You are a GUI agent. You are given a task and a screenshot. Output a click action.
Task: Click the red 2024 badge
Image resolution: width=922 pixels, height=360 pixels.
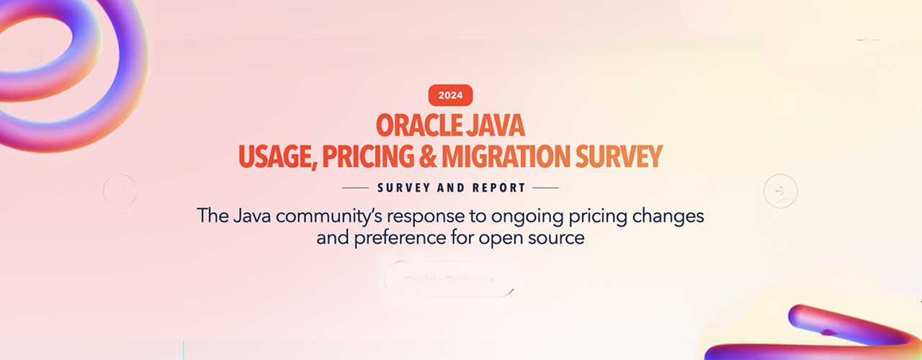450,95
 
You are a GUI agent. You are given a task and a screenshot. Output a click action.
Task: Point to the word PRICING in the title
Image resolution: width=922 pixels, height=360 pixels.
372,156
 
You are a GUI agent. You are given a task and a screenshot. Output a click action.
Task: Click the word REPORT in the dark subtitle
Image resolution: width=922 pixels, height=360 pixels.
498,188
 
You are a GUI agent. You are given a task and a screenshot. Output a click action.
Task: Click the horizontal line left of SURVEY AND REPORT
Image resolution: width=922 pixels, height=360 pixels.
355,188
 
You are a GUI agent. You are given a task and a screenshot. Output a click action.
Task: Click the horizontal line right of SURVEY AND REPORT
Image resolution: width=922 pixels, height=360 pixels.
545,188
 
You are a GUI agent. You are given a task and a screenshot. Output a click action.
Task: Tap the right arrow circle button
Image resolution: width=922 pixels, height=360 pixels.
780,192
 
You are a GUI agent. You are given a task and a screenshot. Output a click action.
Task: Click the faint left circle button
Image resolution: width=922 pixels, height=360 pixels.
120,191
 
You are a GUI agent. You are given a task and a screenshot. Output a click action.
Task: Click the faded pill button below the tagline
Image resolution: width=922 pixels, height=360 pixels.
449,279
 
